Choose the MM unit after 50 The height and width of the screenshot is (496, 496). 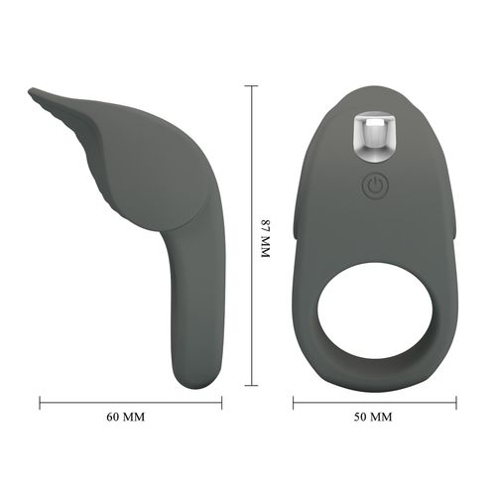[380, 417]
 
